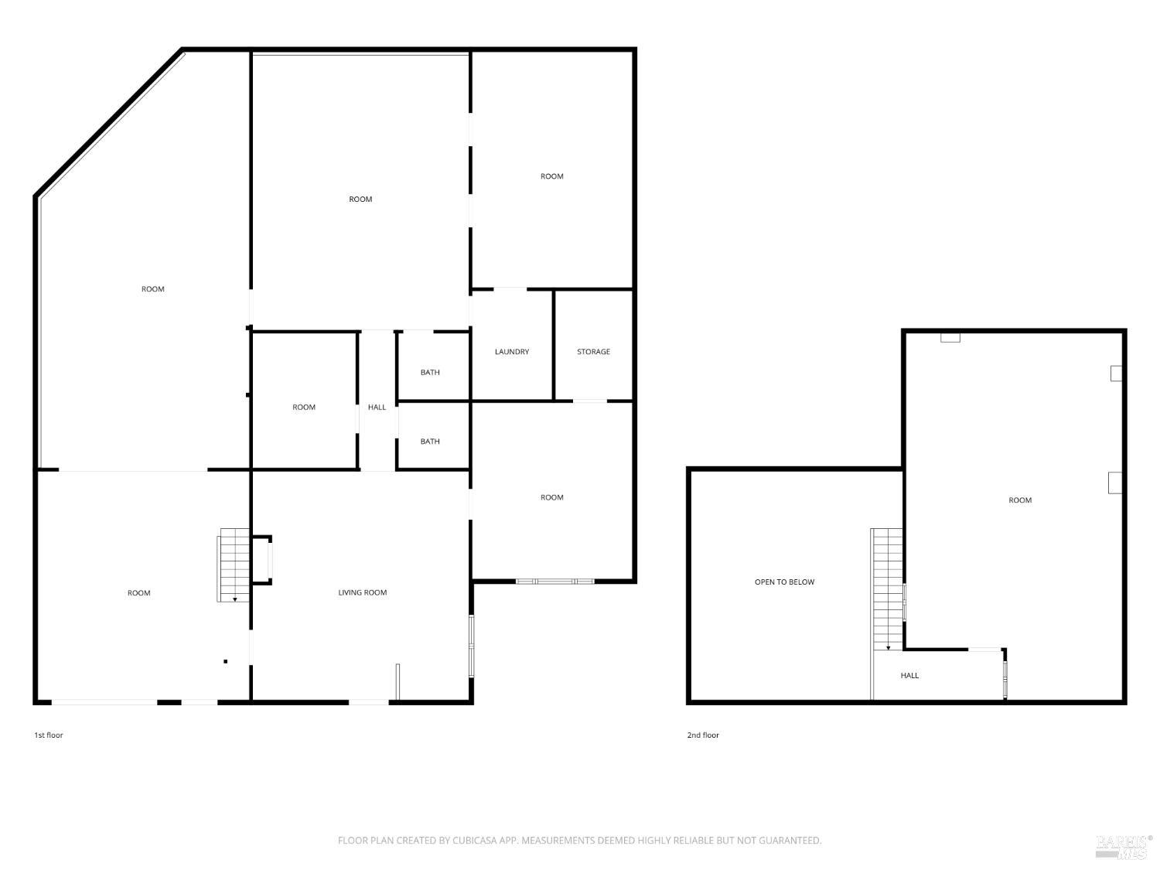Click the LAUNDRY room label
click(x=512, y=352)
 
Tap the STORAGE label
click(x=593, y=352)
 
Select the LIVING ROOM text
click(x=362, y=593)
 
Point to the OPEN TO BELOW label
click(x=784, y=582)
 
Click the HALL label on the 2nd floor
click(x=909, y=676)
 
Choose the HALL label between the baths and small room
click(x=377, y=408)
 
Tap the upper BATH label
click(x=430, y=373)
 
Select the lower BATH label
click(x=430, y=442)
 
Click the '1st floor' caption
click(x=48, y=735)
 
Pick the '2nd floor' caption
click(x=703, y=735)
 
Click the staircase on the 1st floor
click(x=234, y=565)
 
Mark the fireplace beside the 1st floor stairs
click(x=263, y=560)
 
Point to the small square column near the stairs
click(x=226, y=661)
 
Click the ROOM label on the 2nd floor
click(x=1020, y=500)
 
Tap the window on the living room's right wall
click(x=472, y=646)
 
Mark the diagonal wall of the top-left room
click(x=109, y=123)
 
